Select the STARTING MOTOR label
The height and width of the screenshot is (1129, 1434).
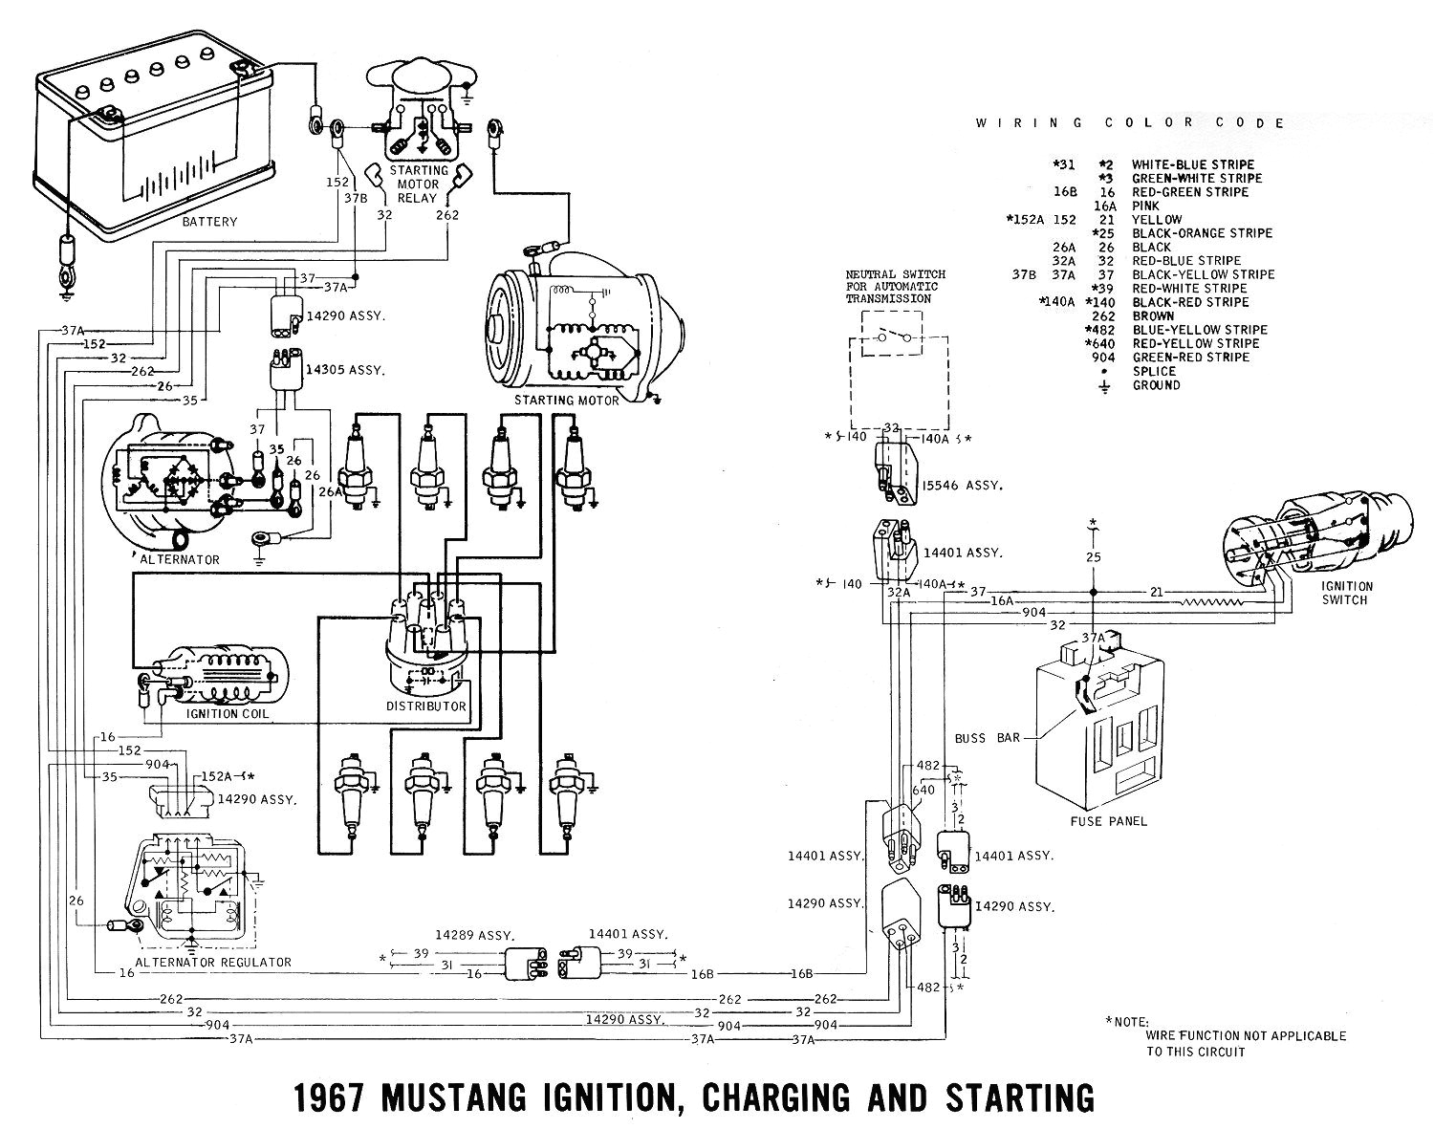point(567,400)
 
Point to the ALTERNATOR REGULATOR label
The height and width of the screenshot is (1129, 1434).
point(213,962)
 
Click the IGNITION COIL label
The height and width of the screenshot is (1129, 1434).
point(228,713)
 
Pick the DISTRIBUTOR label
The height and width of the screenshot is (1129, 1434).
point(426,706)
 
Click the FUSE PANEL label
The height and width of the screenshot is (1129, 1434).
point(1109,820)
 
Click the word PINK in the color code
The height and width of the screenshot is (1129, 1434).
point(1145,206)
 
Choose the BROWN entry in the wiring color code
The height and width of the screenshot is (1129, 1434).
point(1153,315)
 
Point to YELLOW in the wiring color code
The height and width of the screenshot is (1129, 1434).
point(1157,219)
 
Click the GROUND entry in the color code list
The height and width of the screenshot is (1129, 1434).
point(1156,385)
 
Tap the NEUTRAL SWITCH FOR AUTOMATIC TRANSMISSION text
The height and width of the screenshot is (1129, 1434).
point(892,286)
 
